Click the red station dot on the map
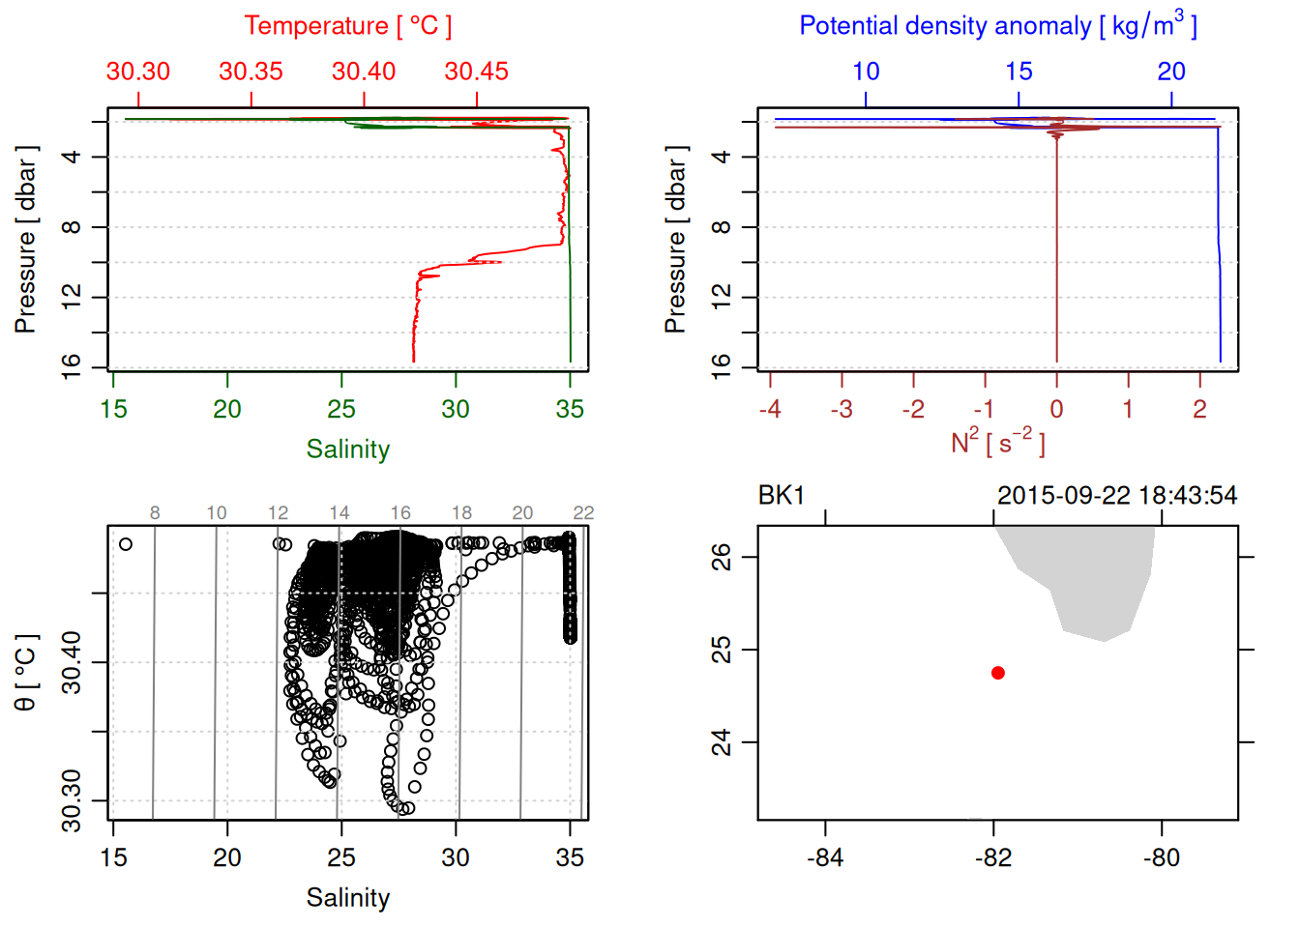(997, 673)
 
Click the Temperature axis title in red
(347, 26)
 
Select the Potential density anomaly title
(997, 26)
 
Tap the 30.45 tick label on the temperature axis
(476, 72)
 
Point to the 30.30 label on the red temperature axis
(138, 72)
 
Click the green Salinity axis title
(347, 449)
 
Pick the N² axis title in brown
(997, 442)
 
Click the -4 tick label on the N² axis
(770, 410)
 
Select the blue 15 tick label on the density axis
(1019, 72)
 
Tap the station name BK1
(782, 496)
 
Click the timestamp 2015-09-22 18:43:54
(1116, 496)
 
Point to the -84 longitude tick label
(825, 857)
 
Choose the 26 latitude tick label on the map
(722, 557)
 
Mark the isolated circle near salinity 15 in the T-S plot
(126, 544)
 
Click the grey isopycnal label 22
(583, 513)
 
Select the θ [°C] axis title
(26, 673)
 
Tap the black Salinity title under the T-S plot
(347, 898)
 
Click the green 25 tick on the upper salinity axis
(341, 410)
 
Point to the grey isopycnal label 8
(155, 513)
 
